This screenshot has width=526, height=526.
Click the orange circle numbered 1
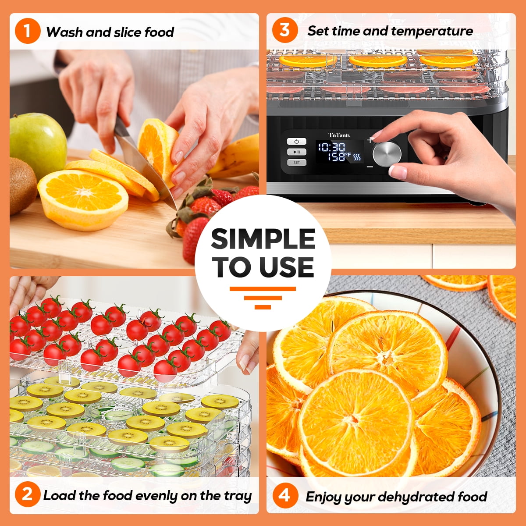click(x=28, y=31)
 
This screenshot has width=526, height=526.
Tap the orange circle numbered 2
click(x=28, y=494)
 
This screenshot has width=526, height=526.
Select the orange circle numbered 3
click(x=285, y=30)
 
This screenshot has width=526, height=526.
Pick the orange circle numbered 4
click(x=285, y=495)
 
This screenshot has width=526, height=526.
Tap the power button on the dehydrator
click(x=296, y=142)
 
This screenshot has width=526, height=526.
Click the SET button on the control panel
click(x=296, y=163)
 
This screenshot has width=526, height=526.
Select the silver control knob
click(x=387, y=154)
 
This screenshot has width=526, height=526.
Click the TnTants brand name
click(x=339, y=135)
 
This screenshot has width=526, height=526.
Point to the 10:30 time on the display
click(x=331, y=147)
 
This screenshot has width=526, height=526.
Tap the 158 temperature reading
click(x=337, y=156)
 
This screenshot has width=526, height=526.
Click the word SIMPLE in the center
click(x=263, y=239)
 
